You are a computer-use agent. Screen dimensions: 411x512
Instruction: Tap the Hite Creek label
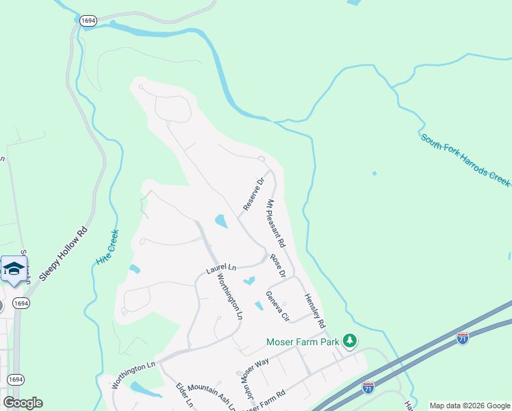pyautogui.click(x=107, y=249)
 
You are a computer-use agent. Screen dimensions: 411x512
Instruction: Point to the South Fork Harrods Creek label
pyautogui.click(x=465, y=160)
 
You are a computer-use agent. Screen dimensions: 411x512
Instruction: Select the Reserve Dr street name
pyautogui.click(x=253, y=195)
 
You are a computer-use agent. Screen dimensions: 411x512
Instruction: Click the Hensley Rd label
pyautogui.click(x=315, y=310)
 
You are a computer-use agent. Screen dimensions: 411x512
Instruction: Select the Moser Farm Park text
pyautogui.click(x=303, y=341)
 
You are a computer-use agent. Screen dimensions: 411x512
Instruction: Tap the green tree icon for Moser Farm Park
pyautogui.click(x=350, y=340)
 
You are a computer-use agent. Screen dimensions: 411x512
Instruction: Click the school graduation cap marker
pyautogui.click(x=14, y=269)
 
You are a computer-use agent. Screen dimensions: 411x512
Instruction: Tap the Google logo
pyautogui.click(x=23, y=402)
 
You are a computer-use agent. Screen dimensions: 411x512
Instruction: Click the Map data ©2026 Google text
pyautogui.click(x=470, y=406)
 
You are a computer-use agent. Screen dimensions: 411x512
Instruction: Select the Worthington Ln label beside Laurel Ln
pyautogui.click(x=230, y=297)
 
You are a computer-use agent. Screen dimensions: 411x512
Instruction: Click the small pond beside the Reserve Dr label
pyautogui.click(x=221, y=221)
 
